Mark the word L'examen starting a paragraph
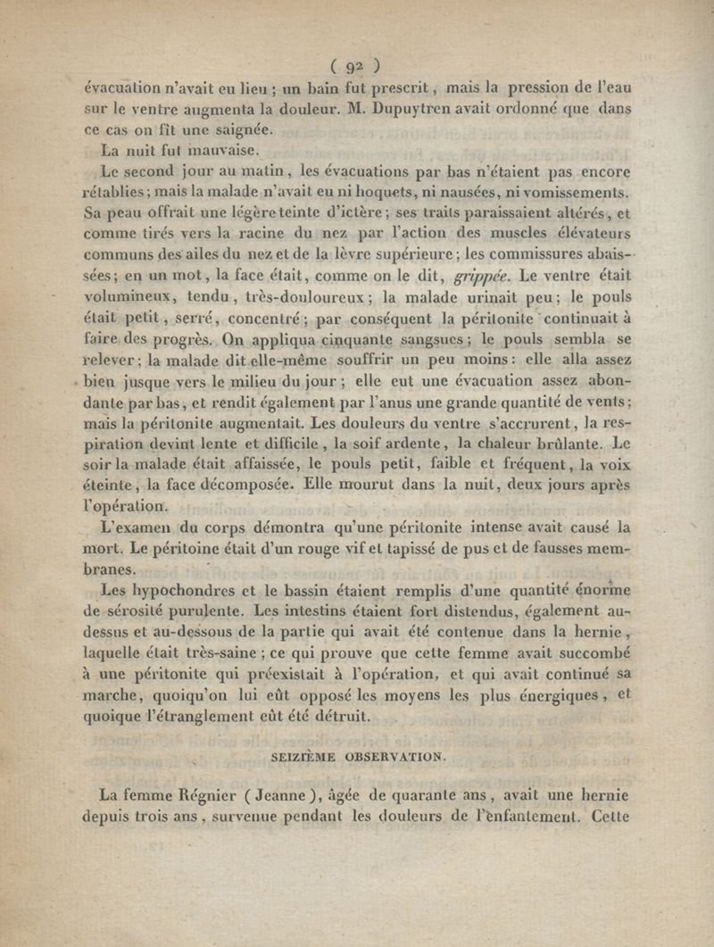(x=137, y=527)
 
